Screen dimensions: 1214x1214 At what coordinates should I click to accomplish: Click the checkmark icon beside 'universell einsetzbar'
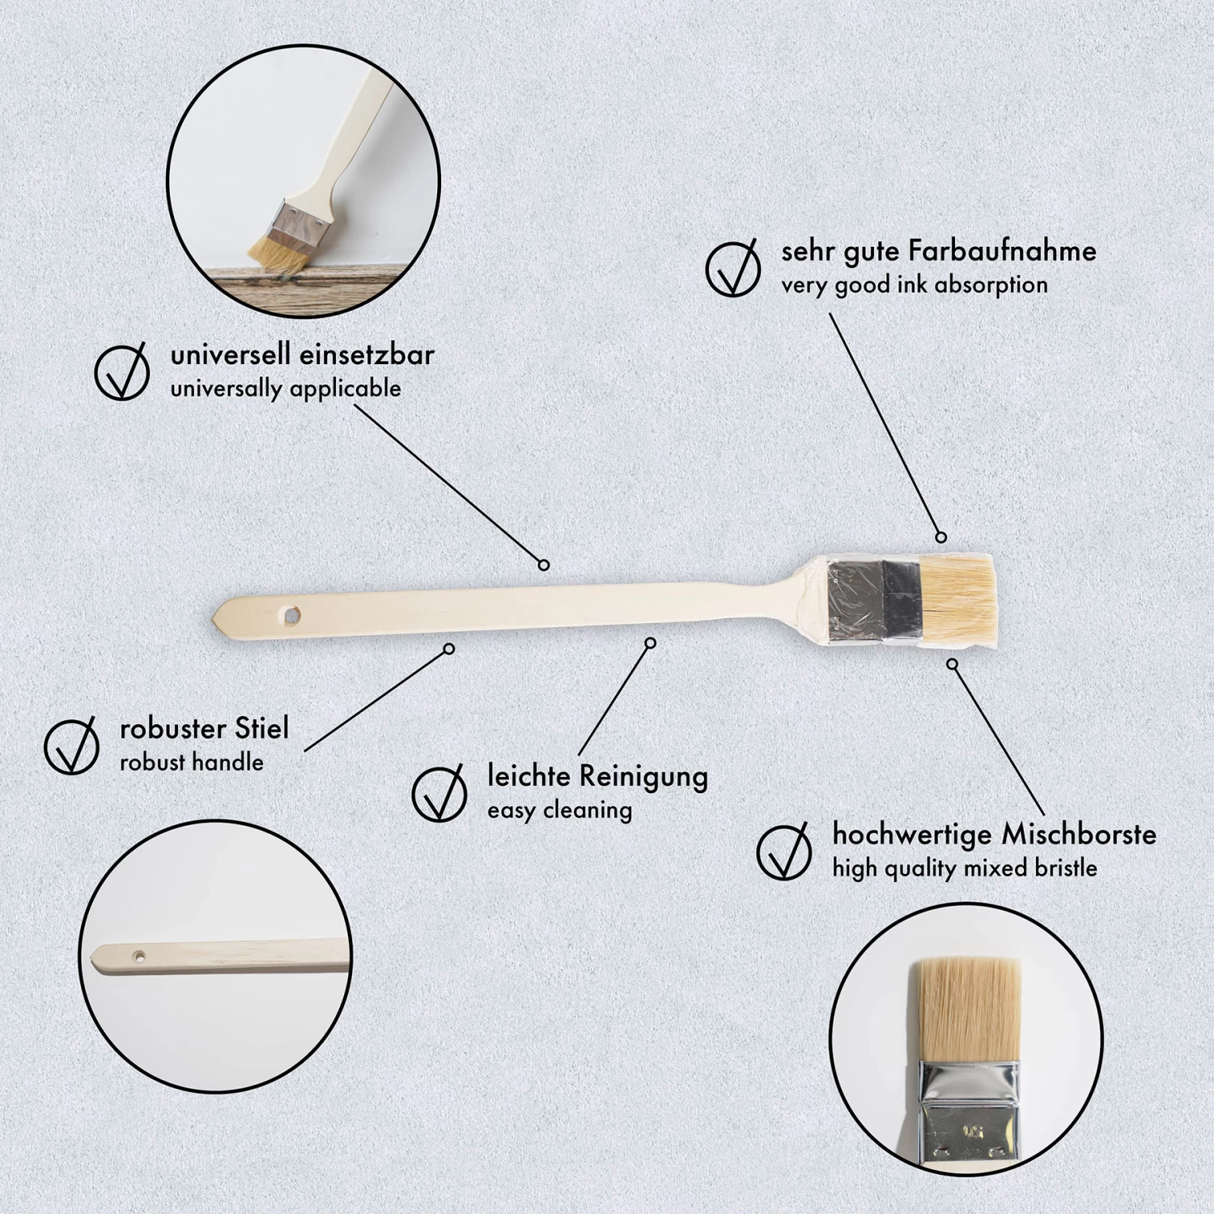(x=121, y=371)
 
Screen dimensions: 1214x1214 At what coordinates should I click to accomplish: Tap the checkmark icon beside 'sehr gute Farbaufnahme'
(x=732, y=268)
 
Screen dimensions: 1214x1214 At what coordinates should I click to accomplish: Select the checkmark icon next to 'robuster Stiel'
(x=71, y=745)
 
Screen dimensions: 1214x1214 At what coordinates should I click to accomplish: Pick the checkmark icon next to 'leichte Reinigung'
(x=439, y=792)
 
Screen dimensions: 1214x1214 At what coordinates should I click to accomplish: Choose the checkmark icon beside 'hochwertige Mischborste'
(x=783, y=851)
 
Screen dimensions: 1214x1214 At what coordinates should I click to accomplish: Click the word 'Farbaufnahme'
(x=1002, y=251)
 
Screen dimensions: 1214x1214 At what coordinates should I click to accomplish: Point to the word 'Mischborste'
(x=1079, y=834)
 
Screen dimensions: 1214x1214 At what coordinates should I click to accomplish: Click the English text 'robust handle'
(x=191, y=762)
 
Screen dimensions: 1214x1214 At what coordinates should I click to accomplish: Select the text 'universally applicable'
(x=286, y=388)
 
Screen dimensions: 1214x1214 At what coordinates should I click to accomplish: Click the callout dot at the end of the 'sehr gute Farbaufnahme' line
(x=940, y=537)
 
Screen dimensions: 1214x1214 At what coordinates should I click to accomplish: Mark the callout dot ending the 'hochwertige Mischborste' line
(x=953, y=664)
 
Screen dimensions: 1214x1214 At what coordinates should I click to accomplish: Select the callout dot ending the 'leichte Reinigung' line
(x=650, y=643)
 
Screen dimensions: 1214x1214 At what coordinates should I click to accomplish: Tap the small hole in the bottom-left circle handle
(x=138, y=956)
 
